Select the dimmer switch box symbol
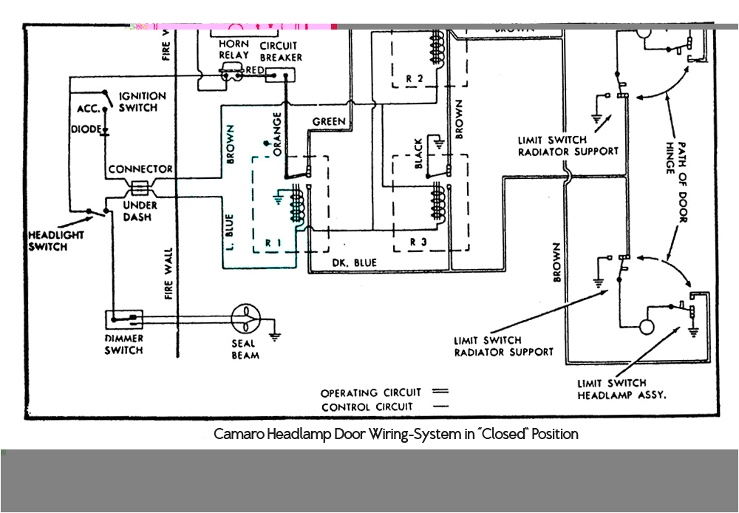point(123,320)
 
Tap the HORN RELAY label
point(234,50)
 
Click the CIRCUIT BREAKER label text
point(280,51)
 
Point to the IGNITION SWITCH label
point(142,102)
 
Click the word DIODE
point(86,129)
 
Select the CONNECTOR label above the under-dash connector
point(140,169)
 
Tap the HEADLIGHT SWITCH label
point(56,240)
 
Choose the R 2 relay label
point(415,78)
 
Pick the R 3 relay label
point(419,242)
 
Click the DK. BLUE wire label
point(354,262)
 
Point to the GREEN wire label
point(329,121)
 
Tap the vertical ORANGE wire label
point(277,134)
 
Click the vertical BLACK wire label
point(418,154)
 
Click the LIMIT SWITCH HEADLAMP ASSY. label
point(621,389)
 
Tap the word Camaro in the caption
point(236,434)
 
